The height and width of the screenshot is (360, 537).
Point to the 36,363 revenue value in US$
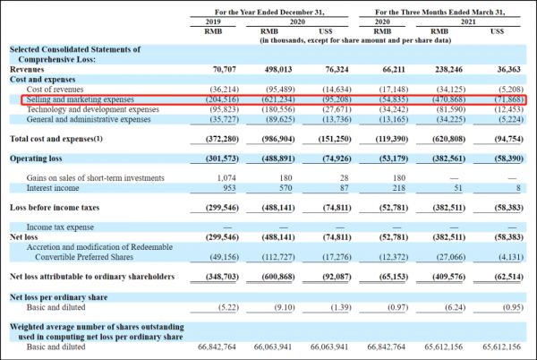(512, 68)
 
